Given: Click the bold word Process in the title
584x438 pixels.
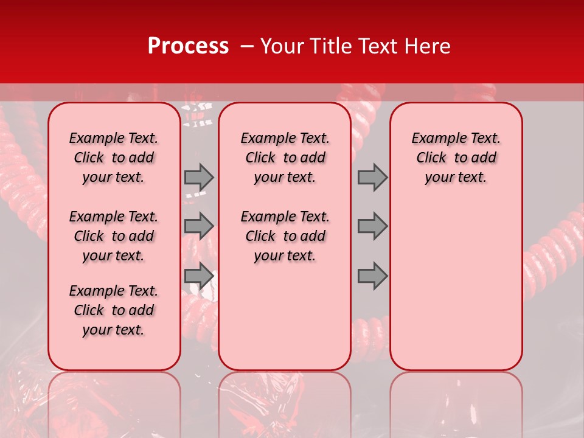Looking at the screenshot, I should coord(188,46).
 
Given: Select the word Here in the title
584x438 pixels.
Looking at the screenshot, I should coord(428,46).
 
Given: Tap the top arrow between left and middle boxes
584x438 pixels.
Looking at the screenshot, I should coord(199,177).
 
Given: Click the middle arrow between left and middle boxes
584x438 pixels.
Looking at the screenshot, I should coord(199,226).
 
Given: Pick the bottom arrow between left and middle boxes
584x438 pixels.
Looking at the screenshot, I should coord(199,276).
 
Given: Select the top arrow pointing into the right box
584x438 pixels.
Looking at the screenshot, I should coord(372,177).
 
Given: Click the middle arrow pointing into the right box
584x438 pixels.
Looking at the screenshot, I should coord(372,226).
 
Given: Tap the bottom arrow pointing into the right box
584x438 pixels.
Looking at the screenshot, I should coord(372,276).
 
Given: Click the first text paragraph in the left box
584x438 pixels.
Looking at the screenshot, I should coord(114,158).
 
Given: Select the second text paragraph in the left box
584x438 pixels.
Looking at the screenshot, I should coord(114,236).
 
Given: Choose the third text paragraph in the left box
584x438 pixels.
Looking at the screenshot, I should coord(114,310).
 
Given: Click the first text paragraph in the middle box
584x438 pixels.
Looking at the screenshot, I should coord(285,158).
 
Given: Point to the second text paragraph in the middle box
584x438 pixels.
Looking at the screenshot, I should coord(285,236).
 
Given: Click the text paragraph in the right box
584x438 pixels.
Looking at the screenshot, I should coord(456,158).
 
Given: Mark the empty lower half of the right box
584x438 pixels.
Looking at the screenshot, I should coord(456,292).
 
